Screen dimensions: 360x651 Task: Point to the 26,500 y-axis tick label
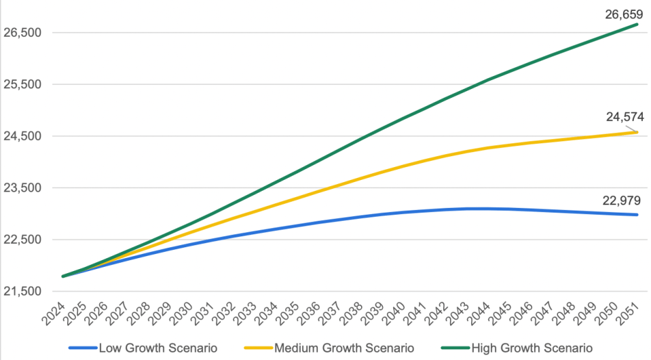[x=23, y=33]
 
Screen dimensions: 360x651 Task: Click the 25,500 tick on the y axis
[x=23, y=85]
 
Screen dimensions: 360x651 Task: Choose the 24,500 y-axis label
[x=23, y=137]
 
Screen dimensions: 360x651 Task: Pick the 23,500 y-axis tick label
[x=23, y=188]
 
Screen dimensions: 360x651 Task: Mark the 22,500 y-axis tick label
[x=23, y=240]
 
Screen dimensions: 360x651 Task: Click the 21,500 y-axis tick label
[x=23, y=291]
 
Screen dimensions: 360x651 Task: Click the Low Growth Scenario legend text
[x=158, y=348]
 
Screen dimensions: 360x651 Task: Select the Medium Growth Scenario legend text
[x=344, y=348]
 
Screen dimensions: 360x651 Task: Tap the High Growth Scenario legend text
[x=530, y=348]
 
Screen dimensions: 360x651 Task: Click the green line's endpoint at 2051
[x=637, y=24]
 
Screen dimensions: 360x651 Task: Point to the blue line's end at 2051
[x=637, y=215]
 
